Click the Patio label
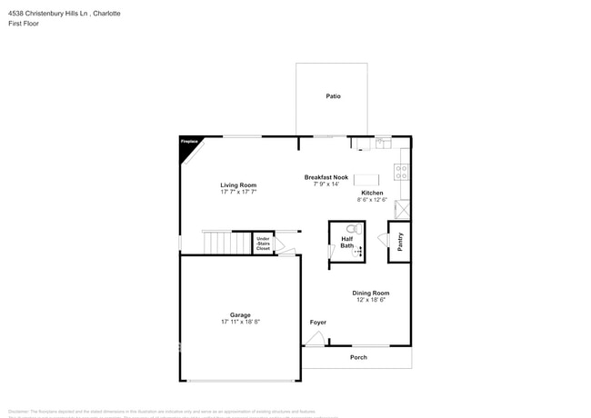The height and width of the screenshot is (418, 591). [x=334, y=96]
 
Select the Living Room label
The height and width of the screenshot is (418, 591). [x=238, y=185]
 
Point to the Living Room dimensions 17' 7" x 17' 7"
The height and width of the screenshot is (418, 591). [x=238, y=193]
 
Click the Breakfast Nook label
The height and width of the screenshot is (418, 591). [x=326, y=177]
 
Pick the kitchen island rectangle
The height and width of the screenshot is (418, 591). [x=366, y=179]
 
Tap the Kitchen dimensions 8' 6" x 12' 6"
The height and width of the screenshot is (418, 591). [x=372, y=200]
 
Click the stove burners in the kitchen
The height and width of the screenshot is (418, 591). [x=402, y=170]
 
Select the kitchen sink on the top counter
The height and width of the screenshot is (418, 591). [x=383, y=143]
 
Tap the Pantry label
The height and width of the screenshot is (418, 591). [x=400, y=241]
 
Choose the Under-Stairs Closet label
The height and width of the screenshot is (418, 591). [x=263, y=243]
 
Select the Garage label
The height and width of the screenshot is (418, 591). [x=240, y=315]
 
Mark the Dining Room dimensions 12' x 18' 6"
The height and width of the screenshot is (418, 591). [x=371, y=300]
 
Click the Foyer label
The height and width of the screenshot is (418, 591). [x=318, y=323]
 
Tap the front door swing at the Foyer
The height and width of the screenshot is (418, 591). [x=315, y=339]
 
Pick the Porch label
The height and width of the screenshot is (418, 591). [x=359, y=357]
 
